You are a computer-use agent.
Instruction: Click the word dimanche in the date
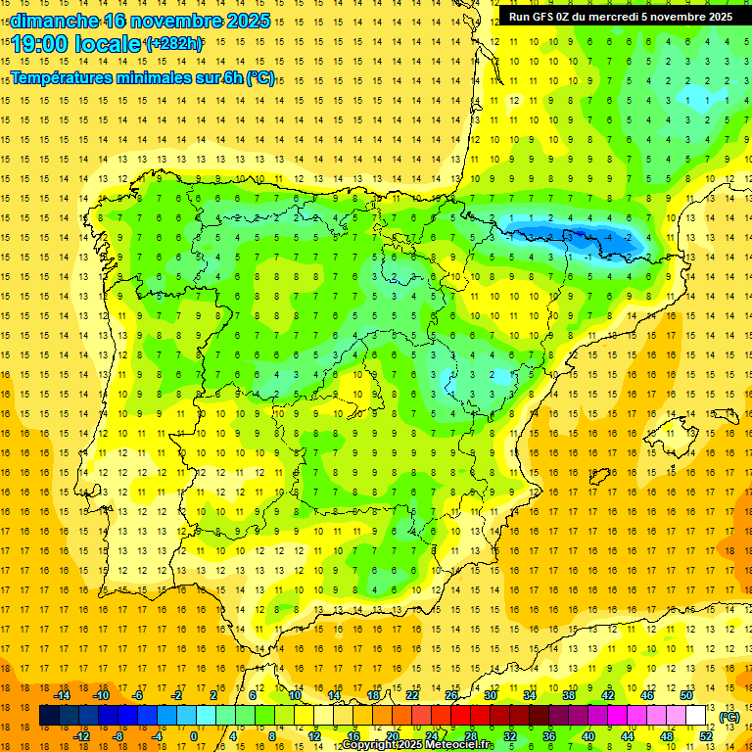point(54,21)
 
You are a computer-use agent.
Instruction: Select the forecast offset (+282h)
point(173,44)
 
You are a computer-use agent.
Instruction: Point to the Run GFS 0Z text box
point(620,17)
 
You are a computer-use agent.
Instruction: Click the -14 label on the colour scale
point(63,695)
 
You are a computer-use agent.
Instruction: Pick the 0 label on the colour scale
point(193,736)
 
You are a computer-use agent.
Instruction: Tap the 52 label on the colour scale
point(706,736)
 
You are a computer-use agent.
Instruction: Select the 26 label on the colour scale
point(451,695)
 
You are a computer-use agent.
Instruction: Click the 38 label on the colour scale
point(569,695)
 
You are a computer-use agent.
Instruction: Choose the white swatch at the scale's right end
point(696,716)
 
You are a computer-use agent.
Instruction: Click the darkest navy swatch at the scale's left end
point(50,716)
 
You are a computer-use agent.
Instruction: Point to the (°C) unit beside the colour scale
point(728,717)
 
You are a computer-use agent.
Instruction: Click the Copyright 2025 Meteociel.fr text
point(416,745)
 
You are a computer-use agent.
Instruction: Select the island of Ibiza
point(600,477)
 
